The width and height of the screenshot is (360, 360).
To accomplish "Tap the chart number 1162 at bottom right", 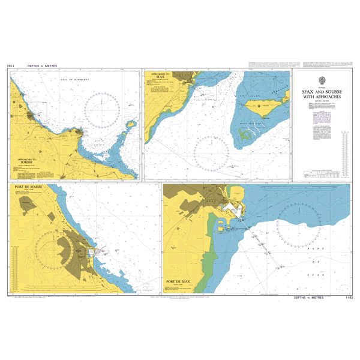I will (346, 298).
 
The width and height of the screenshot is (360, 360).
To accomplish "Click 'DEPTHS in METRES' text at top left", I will (41, 65).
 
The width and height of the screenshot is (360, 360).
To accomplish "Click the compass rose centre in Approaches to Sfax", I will (211, 152).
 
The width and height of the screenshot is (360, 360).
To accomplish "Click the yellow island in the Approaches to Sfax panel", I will (262, 108).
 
